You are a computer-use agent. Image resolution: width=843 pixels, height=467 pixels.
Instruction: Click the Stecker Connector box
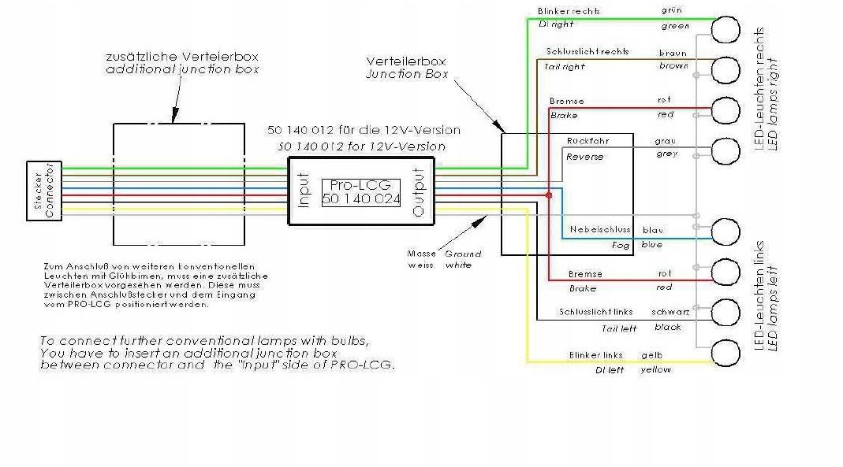point(43,191)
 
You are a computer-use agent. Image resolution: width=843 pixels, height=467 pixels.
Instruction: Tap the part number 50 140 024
point(361,200)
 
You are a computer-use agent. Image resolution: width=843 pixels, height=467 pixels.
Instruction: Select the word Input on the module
point(304,191)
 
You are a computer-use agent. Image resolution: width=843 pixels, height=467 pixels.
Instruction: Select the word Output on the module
point(418,191)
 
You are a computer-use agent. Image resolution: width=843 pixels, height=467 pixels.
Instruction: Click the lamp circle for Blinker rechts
point(726,30)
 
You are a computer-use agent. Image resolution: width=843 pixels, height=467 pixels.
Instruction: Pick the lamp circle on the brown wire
point(726,70)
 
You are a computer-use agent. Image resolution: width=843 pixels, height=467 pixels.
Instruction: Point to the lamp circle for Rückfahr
point(726,149)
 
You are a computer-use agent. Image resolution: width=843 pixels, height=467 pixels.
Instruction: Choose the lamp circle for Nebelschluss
point(726,232)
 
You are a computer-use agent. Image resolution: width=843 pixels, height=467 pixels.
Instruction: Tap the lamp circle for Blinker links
point(726,353)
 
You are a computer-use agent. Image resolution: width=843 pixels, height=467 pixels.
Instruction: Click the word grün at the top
point(672,11)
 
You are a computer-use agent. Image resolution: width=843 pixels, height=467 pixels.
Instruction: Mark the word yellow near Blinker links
point(655,369)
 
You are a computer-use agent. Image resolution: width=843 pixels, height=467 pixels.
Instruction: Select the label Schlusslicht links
point(595,312)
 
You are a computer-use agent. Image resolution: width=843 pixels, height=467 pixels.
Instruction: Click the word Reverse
point(585,157)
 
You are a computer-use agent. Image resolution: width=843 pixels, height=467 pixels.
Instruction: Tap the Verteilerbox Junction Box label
point(407,68)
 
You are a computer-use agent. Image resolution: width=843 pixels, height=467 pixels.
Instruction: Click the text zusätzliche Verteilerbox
point(182,57)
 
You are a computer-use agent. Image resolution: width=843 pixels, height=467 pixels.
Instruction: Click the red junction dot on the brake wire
point(548,194)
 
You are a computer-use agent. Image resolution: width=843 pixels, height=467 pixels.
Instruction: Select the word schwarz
point(670,312)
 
